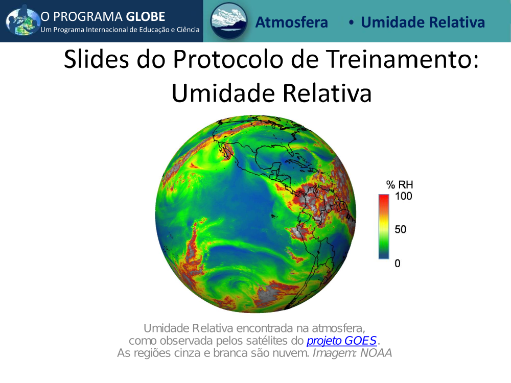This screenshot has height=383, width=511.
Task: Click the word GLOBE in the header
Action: click(145, 17)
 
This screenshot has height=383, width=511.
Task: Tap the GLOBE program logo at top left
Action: click(22, 21)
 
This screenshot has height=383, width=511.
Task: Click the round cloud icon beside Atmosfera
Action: click(228, 21)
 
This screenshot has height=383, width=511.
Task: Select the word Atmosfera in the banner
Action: click(291, 22)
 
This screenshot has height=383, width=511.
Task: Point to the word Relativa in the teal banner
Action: click(457, 22)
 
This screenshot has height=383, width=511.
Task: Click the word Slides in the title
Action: click(97, 59)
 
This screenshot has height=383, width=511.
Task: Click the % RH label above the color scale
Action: click(400, 185)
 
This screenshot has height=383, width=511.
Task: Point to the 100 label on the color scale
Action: click(404, 196)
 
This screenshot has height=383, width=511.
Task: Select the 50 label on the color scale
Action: click(401, 229)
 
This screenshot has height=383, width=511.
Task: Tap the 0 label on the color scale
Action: click(398, 263)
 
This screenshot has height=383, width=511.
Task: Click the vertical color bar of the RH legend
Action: click(384, 227)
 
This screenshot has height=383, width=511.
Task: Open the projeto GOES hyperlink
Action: click(341, 341)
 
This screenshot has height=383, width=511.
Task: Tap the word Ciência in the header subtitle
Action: click(188, 30)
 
